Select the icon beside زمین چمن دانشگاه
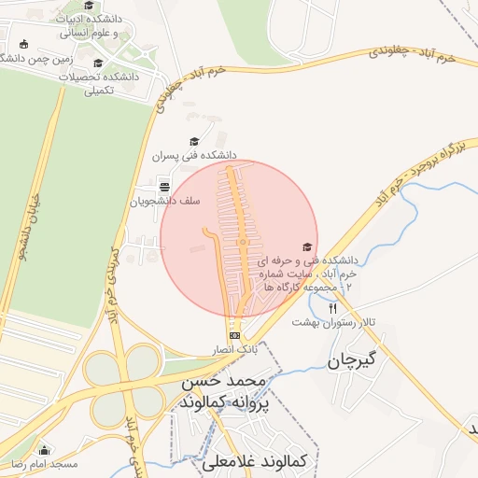pyautogui.click(x=23, y=44)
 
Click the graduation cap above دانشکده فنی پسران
pyautogui.click(x=194, y=141)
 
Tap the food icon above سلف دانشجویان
pyautogui.click(x=164, y=184)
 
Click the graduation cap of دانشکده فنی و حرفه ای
pyautogui.click(x=306, y=246)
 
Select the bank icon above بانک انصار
pyautogui.click(x=234, y=334)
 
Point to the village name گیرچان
pyautogui.click(x=352, y=360)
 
